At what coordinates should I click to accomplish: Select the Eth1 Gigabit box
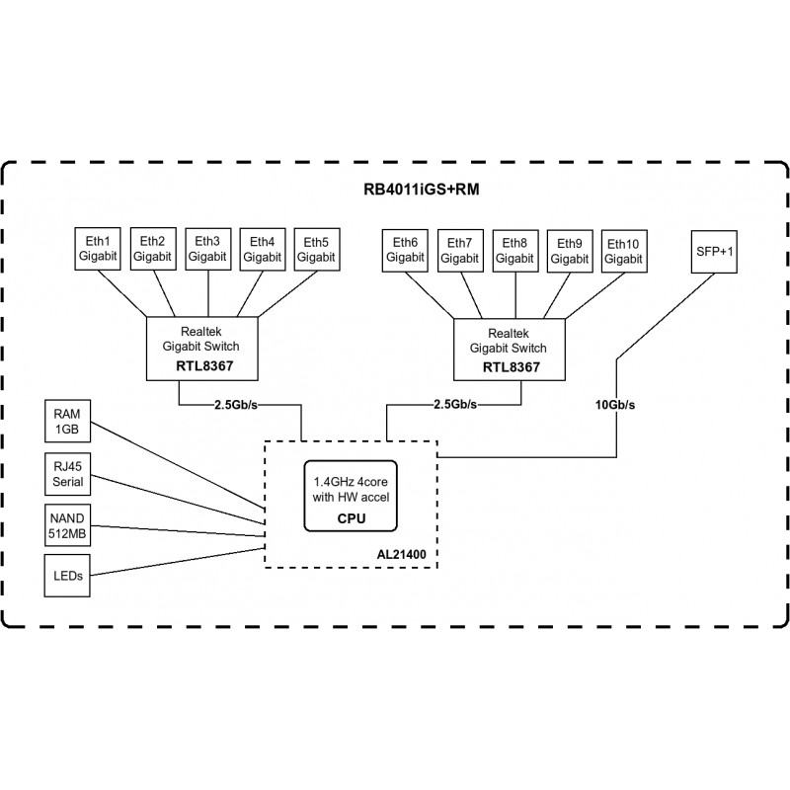[99, 249]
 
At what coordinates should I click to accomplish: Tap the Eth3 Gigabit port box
[208, 249]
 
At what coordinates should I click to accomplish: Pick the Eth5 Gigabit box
[317, 249]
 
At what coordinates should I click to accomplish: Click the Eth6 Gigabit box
[405, 251]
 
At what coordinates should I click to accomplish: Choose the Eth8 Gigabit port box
[514, 251]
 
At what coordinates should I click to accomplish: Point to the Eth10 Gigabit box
[623, 251]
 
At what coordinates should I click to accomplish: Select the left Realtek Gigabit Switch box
[201, 349]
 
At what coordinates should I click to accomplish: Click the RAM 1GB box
[69, 422]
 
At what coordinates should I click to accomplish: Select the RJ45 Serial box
[69, 474]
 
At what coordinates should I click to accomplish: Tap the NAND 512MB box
[69, 524]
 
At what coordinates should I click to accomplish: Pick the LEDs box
[69, 575]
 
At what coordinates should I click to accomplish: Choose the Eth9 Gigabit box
[569, 251]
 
